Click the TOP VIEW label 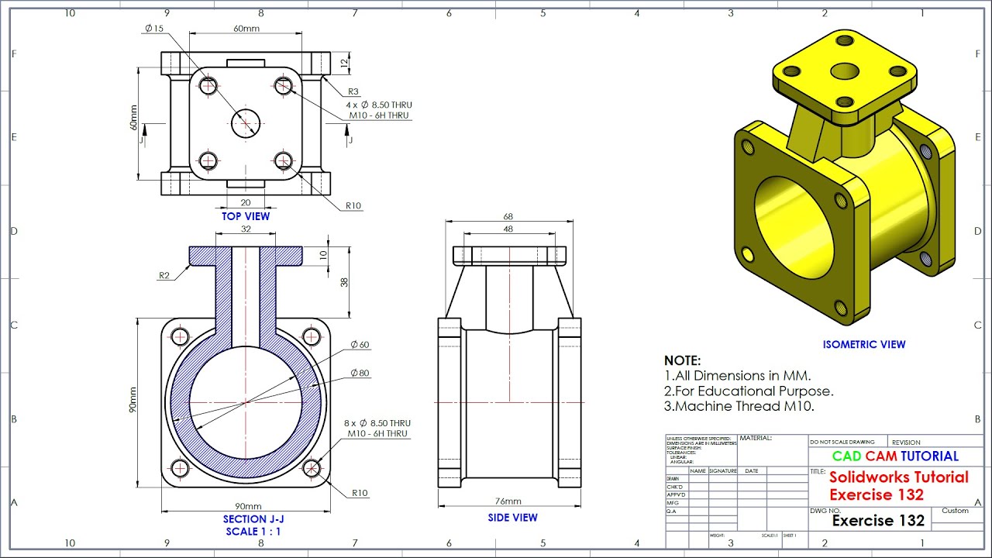[246, 216]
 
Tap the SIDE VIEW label [512, 518]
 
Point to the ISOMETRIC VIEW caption [863, 345]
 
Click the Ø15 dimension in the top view [153, 29]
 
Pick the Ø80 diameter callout [360, 373]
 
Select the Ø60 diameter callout [360, 345]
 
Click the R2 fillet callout [164, 275]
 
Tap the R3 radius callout [353, 91]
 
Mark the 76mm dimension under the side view [508, 501]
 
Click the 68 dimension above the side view [508, 217]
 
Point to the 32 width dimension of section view [246, 229]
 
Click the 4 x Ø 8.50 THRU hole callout [379, 105]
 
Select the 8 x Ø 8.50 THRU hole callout [377, 423]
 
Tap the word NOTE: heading [682, 360]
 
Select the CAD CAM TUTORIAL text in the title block [895, 456]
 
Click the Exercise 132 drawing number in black [878, 521]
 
